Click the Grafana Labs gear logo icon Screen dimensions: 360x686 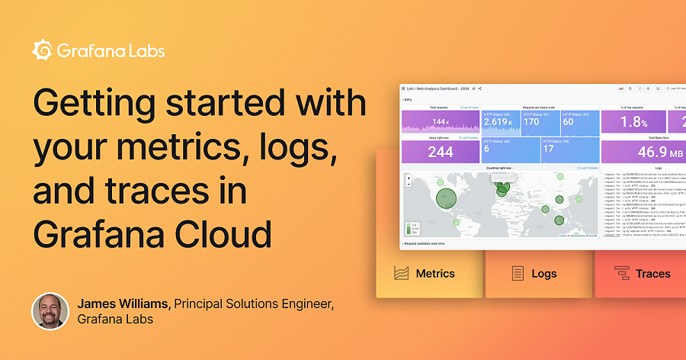42,51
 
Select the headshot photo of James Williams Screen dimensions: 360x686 51,311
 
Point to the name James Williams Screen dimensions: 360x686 124,304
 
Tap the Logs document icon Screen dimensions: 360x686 518,273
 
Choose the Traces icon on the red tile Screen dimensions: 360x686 621,273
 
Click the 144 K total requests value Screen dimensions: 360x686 441,122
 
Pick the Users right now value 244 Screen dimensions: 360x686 440,152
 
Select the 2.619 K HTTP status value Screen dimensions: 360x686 500,121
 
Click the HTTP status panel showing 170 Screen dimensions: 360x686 532,121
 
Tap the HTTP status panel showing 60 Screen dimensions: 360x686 569,121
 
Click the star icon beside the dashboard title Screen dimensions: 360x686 473,89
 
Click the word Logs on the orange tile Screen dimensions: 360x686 544,273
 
